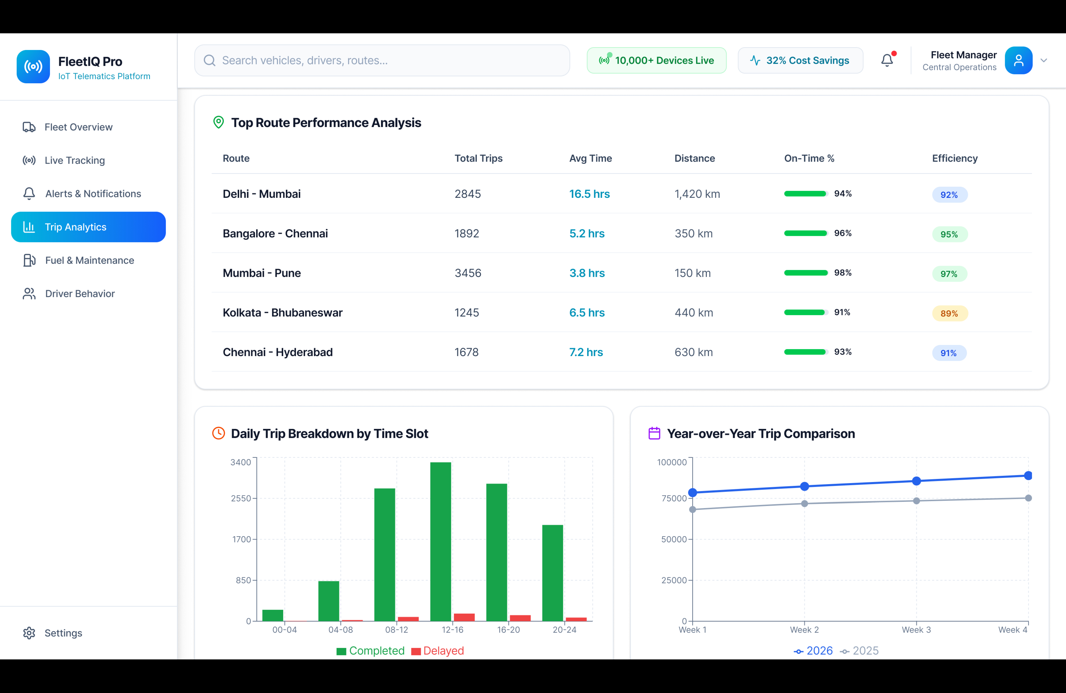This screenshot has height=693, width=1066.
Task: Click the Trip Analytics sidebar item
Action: tap(88, 227)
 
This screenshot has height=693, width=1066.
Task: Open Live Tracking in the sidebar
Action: tap(74, 160)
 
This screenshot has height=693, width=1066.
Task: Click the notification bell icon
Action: tap(887, 60)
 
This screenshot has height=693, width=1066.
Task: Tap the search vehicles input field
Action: tap(382, 60)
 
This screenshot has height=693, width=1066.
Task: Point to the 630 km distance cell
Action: tap(693, 352)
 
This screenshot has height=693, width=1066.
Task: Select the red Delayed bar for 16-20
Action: tap(520, 618)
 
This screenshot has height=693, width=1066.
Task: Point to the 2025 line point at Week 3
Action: tap(916, 501)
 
